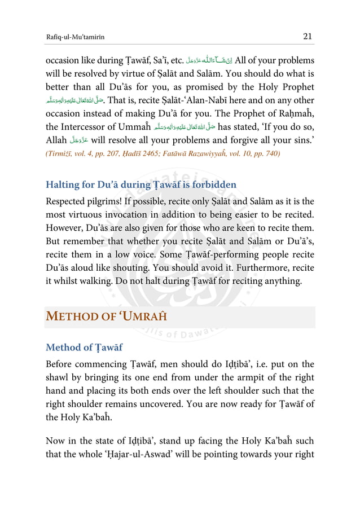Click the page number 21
click(x=308, y=37)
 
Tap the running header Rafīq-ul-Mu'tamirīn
click(x=76, y=37)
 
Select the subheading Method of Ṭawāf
click(x=84, y=347)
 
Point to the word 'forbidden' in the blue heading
click(x=212, y=184)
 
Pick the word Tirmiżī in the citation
click(x=60, y=153)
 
